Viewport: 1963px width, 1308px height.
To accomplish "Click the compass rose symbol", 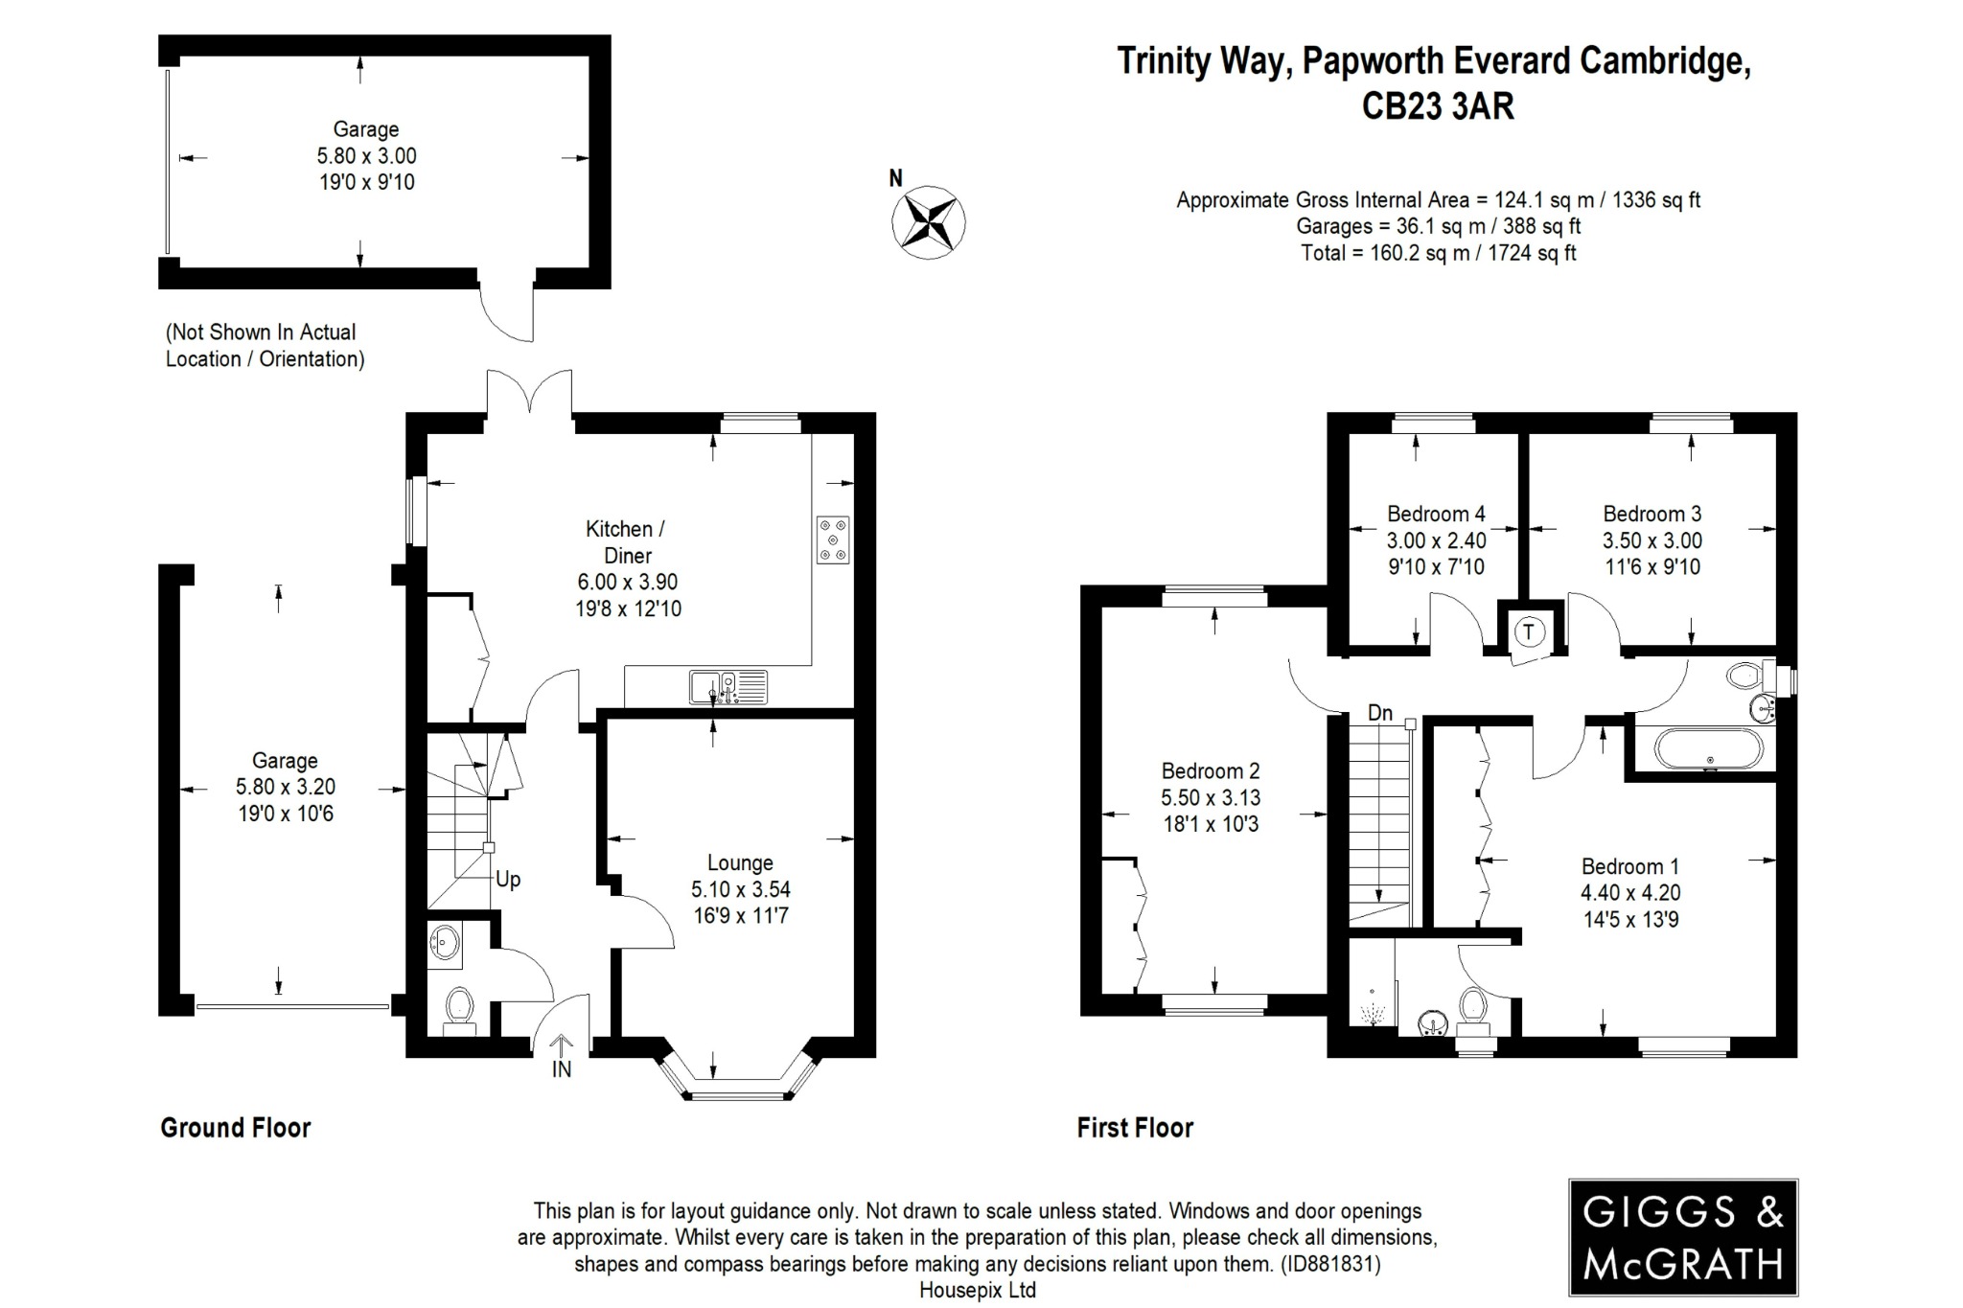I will [x=928, y=222].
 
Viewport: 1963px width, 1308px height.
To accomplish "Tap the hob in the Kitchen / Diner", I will [x=832, y=540].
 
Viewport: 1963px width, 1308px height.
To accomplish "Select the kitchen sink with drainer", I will [x=728, y=687].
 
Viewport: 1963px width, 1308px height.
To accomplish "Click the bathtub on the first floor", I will [x=1707, y=749].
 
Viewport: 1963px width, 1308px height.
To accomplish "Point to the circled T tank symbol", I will [x=1529, y=631].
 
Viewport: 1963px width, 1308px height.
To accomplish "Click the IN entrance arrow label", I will [x=562, y=1069].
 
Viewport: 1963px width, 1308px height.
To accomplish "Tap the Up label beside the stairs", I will [x=508, y=880].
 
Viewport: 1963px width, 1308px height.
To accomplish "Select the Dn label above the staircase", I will [x=1379, y=713].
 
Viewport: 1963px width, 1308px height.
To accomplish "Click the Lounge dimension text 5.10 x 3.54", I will [x=740, y=889].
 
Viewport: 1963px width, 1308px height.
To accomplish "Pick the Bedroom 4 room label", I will [x=1436, y=514].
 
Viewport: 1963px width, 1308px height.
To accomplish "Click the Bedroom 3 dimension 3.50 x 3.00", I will [x=1652, y=540].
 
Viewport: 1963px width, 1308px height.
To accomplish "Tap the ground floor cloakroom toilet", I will [x=460, y=1008].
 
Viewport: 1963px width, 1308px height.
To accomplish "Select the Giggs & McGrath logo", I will [x=1682, y=1237].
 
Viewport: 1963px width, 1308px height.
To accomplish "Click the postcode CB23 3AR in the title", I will [x=1438, y=106].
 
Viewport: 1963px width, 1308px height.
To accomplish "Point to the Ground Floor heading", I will [x=236, y=1128].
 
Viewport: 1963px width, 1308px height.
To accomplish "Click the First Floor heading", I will [x=1135, y=1128].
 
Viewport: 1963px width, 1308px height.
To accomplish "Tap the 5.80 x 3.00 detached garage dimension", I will [x=366, y=156].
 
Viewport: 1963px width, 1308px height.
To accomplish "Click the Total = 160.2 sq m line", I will [x=1438, y=254].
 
